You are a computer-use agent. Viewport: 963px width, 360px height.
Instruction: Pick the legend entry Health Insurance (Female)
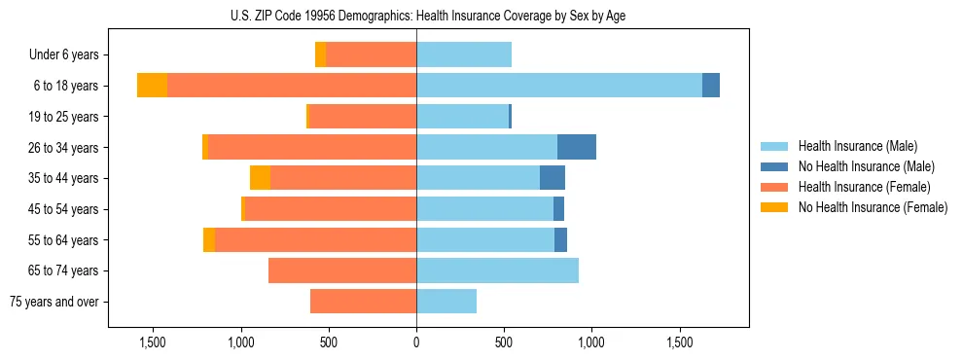856,187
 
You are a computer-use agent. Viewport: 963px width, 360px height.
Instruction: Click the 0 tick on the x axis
416,342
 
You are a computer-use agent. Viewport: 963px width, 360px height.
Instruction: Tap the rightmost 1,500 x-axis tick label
680,342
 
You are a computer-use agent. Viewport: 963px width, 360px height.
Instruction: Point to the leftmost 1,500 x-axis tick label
153,342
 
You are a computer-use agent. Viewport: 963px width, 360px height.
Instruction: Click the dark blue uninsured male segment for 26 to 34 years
577,147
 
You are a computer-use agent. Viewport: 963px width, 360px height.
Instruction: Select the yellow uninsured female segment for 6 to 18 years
152,86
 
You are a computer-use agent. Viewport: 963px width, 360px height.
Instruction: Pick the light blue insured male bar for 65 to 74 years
497,270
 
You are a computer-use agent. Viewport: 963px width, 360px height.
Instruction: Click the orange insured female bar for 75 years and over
363,302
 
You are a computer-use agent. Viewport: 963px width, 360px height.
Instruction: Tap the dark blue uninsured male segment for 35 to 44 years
553,178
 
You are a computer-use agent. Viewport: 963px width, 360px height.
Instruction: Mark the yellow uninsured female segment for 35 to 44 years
260,178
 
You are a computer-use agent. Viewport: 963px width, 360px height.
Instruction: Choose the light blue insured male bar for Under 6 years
464,54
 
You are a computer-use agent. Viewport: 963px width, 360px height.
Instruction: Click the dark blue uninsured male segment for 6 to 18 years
711,86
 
